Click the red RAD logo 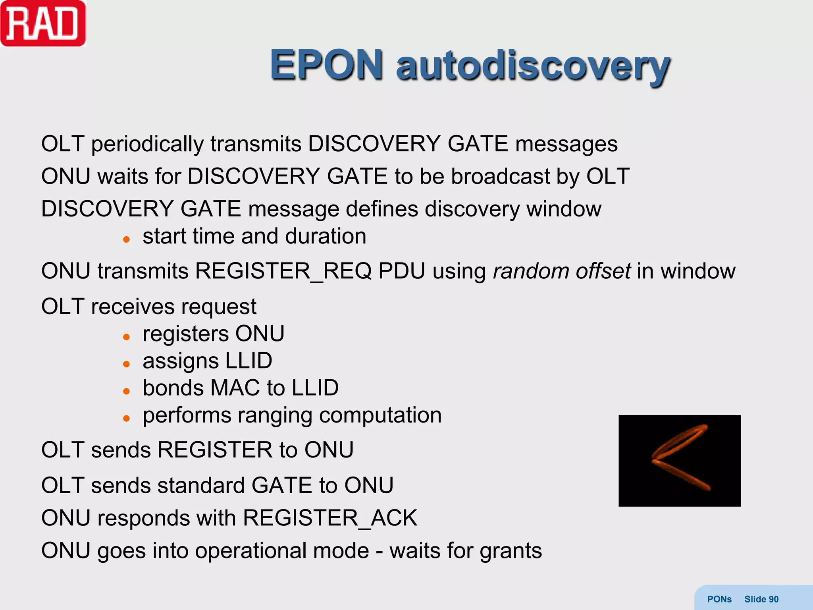(43, 24)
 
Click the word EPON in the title (326, 65)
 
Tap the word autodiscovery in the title (533, 66)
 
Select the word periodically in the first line (147, 144)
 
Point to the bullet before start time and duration (126, 239)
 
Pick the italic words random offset (561, 271)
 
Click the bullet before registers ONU (126, 337)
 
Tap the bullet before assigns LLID (126, 364)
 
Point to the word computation (380, 416)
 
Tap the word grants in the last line (511, 551)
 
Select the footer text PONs (719, 599)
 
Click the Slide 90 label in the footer (761, 599)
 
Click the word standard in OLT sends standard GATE (200, 485)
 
